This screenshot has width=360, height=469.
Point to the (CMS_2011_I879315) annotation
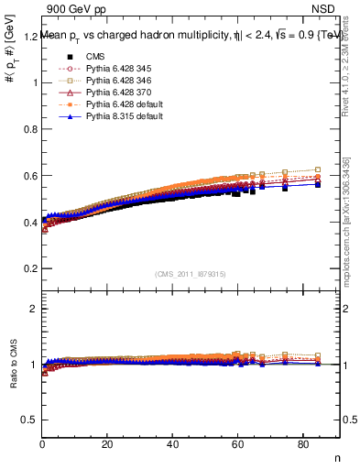coord(191,274)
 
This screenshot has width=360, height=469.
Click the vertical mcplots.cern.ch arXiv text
coord(350,229)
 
